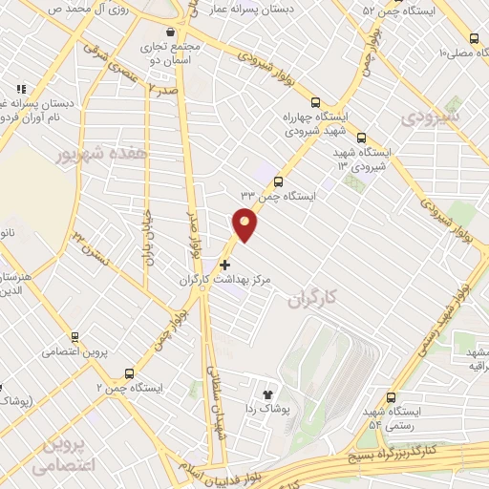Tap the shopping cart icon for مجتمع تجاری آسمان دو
tap(170, 31)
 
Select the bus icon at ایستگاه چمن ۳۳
tap(278, 181)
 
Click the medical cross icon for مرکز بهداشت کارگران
tap(224, 265)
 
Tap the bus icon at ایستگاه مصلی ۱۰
tap(475, 39)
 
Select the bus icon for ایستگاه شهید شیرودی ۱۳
tap(360, 137)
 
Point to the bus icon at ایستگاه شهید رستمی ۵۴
tap(391, 397)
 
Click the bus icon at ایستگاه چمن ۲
tap(142, 371)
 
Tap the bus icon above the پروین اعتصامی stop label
tap(74, 337)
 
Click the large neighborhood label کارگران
tap(312, 300)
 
